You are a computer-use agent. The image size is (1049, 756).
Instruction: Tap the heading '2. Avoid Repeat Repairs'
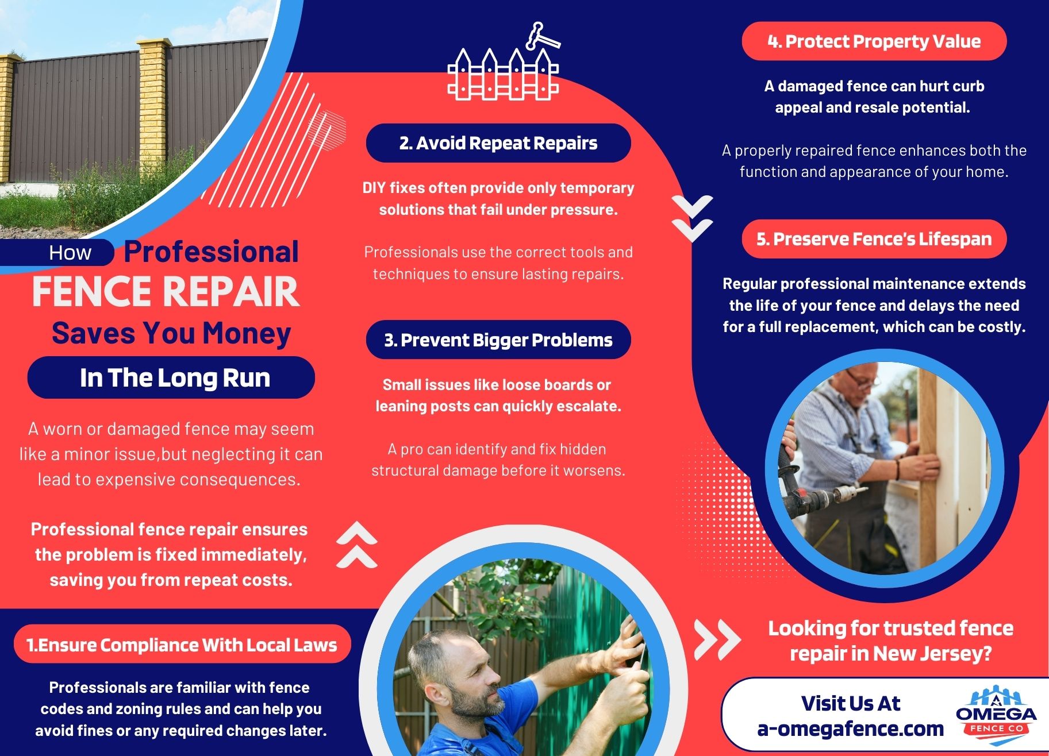(498, 143)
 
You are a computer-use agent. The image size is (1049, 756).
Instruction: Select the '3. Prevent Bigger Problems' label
(498, 340)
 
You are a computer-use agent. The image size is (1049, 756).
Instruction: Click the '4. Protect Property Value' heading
(874, 41)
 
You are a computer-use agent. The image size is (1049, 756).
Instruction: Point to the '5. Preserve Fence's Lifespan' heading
(874, 239)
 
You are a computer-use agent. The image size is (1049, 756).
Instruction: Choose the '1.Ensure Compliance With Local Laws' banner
(182, 645)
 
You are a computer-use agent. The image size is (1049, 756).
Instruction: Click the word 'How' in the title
(70, 253)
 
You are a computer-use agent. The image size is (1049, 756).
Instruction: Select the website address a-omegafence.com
(850, 729)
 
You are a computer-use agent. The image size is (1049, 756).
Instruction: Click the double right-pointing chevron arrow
(717, 639)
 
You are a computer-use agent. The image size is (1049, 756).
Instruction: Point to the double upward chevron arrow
(357, 545)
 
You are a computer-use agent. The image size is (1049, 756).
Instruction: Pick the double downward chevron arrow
(692, 218)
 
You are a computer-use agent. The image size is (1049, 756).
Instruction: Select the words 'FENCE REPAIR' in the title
(166, 292)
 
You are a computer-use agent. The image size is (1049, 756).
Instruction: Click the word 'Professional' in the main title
(211, 252)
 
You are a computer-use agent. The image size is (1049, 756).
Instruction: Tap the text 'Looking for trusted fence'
(890, 628)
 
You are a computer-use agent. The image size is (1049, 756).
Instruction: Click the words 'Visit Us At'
(850, 703)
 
